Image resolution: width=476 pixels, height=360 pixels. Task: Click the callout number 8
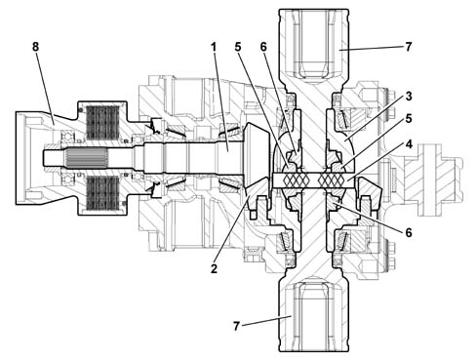[35, 47]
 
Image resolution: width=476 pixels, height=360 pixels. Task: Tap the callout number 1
[214, 47]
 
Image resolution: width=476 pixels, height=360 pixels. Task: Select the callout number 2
[214, 268]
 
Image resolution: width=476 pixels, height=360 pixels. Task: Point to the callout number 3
[409, 97]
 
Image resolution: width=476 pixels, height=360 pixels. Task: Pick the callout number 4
[409, 143]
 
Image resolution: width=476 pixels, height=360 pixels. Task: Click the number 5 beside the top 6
[238, 47]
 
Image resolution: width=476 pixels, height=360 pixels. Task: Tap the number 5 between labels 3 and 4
[409, 119]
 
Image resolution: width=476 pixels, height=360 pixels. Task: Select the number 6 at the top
[263, 47]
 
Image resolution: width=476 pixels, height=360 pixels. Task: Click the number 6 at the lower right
[409, 232]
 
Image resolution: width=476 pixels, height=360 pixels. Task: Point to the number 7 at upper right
[409, 47]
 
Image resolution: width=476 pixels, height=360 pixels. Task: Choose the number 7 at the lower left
[236, 326]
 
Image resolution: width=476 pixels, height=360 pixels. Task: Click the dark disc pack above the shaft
[102, 122]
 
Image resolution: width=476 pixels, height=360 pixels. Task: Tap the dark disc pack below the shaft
[102, 193]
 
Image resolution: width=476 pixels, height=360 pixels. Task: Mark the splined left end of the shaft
[87, 158]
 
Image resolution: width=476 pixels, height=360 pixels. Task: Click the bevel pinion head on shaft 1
[257, 159]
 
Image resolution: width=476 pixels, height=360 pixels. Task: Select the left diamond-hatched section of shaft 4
[294, 180]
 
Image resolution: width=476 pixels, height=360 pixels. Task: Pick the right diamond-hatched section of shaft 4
[333, 180]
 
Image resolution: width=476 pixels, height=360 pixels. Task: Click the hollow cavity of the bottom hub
[313, 315]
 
